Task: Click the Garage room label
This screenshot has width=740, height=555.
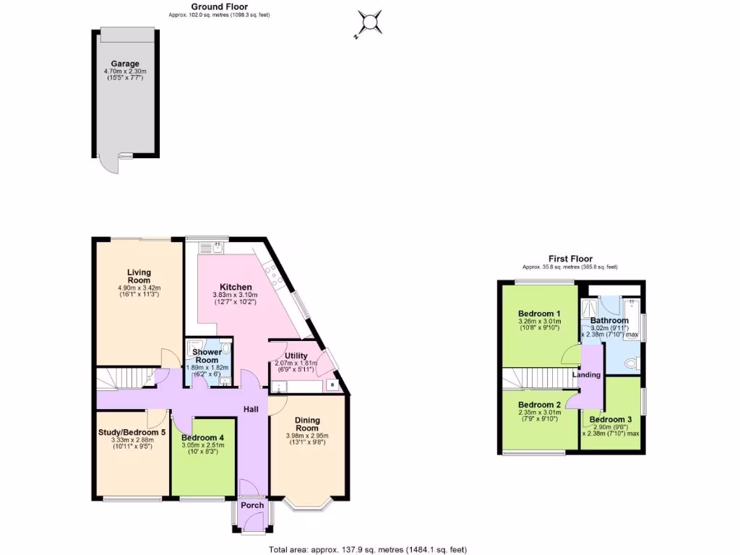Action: [125, 64]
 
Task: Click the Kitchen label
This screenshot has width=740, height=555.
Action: [236, 287]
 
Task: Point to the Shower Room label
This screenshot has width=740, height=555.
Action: [207, 356]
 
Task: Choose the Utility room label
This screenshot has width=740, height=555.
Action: [296, 356]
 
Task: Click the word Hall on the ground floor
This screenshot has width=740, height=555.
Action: [251, 410]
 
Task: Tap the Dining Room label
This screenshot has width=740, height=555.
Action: [306, 423]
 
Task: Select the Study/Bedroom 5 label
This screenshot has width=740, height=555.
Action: [132, 432]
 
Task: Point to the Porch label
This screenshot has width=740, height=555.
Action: [252, 505]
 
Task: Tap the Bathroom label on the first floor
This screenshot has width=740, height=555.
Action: [609, 320]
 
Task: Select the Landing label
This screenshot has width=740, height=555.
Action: [586, 374]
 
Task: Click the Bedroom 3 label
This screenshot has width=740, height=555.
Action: [610, 419]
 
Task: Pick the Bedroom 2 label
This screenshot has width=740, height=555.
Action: [539, 404]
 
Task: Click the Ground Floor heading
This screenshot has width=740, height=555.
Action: [218, 7]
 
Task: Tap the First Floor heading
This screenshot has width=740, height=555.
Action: [569, 259]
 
